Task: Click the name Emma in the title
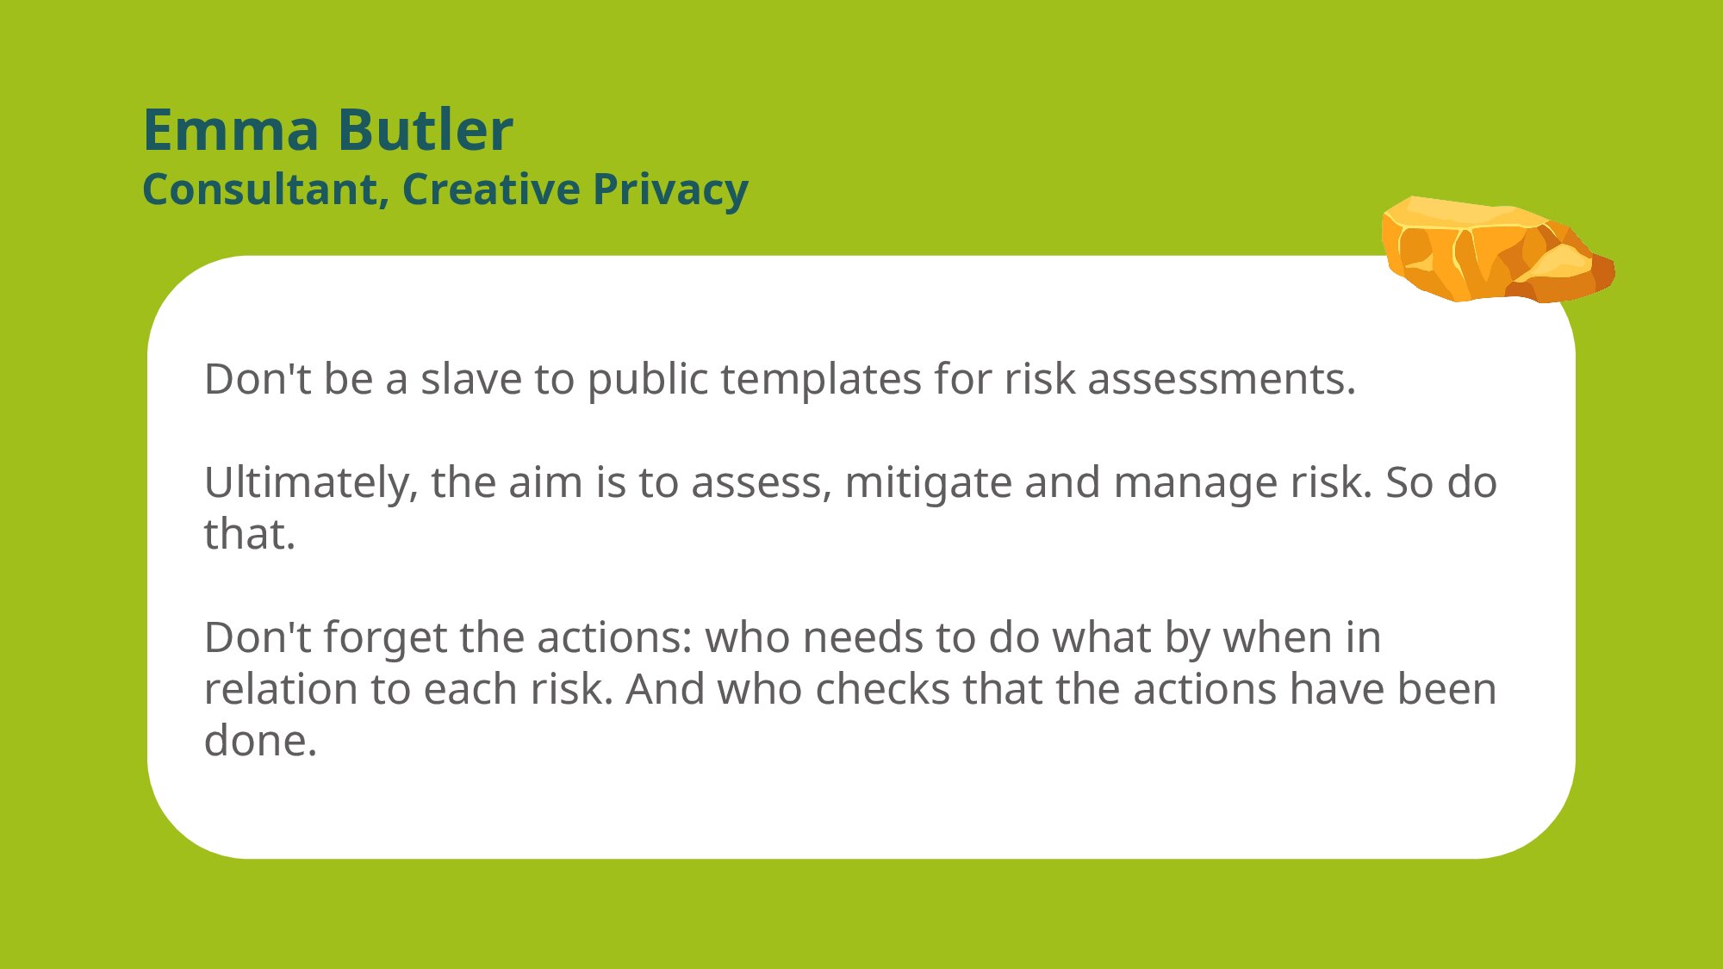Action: pyautogui.click(x=231, y=131)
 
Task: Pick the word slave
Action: pyautogui.click(x=471, y=379)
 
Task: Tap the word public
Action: pyautogui.click(x=647, y=381)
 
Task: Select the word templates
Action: pyautogui.click(x=821, y=381)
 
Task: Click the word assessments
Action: pyautogui.click(x=1222, y=381)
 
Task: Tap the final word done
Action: pyautogui.click(x=260, y=741)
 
